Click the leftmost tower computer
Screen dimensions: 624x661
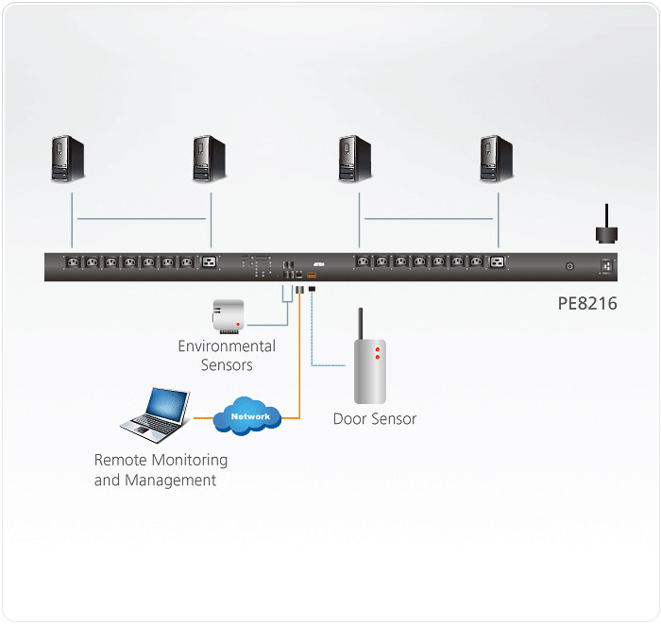69,158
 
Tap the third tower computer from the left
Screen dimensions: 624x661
356,158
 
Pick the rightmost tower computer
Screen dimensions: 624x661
496,158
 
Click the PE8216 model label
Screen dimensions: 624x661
587,304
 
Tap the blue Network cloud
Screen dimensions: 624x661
249,415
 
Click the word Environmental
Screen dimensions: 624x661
227,346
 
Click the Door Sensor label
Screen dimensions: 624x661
375,418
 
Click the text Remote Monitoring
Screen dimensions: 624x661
161,461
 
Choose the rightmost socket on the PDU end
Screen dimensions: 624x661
604,267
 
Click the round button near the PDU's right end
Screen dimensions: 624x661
569,267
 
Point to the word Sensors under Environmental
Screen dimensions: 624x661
227,365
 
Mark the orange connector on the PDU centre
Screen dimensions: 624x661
312,276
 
